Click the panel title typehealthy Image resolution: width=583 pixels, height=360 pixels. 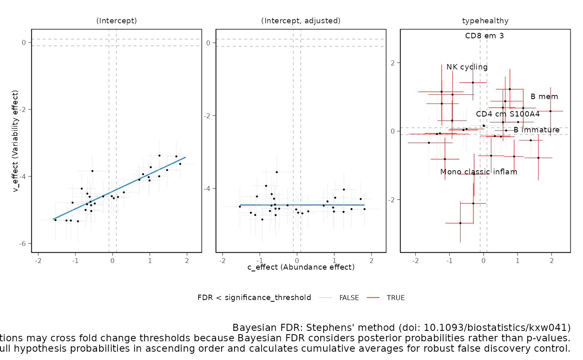[485, 21]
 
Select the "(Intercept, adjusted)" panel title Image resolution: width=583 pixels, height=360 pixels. [301, 21]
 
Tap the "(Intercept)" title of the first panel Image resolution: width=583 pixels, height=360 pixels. [117, 21]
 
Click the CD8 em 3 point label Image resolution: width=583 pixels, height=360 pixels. [485, 36]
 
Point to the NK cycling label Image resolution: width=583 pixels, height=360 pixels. [467, 67]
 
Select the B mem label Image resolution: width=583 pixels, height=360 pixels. [544, 97]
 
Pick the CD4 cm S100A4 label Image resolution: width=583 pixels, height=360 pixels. [508, 114]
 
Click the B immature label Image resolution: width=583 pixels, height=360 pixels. [536, 130]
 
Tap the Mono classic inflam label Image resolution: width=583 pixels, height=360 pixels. [478, 172]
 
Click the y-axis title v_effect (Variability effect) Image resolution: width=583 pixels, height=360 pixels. [16, 141]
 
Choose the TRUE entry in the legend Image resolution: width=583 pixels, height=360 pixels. [396, 298]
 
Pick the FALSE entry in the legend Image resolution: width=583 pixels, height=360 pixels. [349, 298]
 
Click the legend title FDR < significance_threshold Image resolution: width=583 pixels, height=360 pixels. [254, 298]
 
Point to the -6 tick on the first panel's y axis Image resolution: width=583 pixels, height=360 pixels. [23, 243]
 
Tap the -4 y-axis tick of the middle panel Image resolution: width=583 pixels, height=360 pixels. [208, 189]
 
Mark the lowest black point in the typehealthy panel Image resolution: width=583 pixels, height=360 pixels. [460, 223]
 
